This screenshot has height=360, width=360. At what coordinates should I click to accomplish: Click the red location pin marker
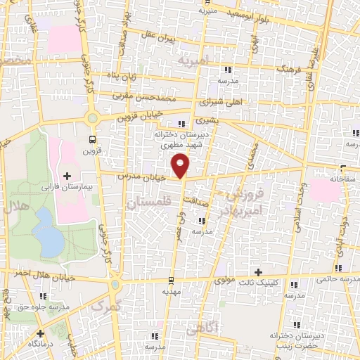(181, 167)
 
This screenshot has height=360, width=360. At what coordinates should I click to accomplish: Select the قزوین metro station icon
(91, 138)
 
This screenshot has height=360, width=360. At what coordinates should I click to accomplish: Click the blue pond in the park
(47, 233)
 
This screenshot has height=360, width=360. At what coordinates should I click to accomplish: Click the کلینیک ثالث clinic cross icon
(259, 272)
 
